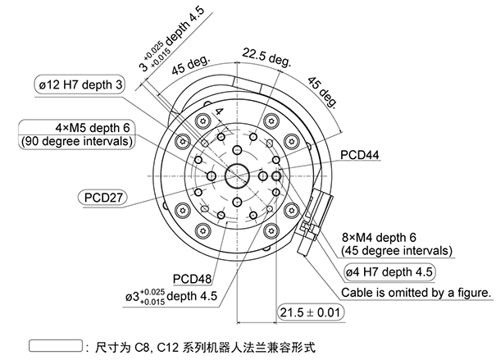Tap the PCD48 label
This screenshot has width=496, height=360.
pos(194,279)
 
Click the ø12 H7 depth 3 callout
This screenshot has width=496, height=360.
pos(80,84)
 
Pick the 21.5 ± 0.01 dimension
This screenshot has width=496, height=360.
pos(310,312)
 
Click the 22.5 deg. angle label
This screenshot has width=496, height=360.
pos(266,57)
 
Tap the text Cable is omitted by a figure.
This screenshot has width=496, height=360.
pos(416,292)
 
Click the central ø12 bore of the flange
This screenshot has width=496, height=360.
pos(237,175)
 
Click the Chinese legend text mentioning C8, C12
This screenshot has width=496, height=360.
pos(205,346)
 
